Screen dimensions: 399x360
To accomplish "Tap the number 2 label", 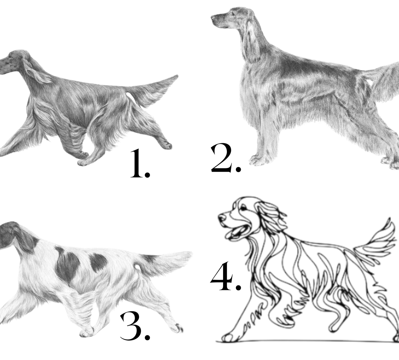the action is (226, 158).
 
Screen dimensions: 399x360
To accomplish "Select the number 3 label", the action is (135, 326).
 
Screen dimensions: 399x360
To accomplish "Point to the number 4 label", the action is (225, 276).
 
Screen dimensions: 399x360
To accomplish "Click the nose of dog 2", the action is (213, 18).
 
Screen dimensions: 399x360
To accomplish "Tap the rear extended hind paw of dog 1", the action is (166, 146).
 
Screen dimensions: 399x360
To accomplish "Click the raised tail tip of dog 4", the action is (389, 220).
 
